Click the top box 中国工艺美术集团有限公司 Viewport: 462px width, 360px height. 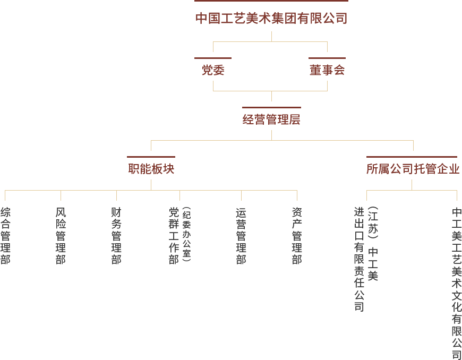(x=271, y=19)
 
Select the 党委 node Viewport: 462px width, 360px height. (x=213, y=70)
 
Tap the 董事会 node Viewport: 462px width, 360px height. (x=327, y=70)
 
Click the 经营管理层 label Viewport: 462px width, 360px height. (x=271, y=119)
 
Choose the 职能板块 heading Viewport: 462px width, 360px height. (x=151, y=169)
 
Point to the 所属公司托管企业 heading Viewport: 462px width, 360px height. (x=412, y=169)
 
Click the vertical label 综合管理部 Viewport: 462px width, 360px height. (x=5, y=236)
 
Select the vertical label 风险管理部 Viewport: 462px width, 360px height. (x=61, y=236)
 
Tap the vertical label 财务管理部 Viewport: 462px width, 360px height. (x=116, y=236)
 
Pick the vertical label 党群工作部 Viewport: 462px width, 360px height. (x=174, y=236)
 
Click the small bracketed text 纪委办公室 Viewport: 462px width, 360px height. (x=186, y=234)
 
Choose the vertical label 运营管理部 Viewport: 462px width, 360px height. (x=241, y=236)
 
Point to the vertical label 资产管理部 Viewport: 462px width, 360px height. (x=297, y=236)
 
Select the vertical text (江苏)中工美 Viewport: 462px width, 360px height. (x=373, y=244)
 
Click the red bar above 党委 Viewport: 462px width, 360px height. (x=213, y=58)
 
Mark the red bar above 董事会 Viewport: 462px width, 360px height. (x=327, y=58)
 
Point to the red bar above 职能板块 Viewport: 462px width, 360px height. (x=151, y=157)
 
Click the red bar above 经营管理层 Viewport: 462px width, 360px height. (x=271, y=107)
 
